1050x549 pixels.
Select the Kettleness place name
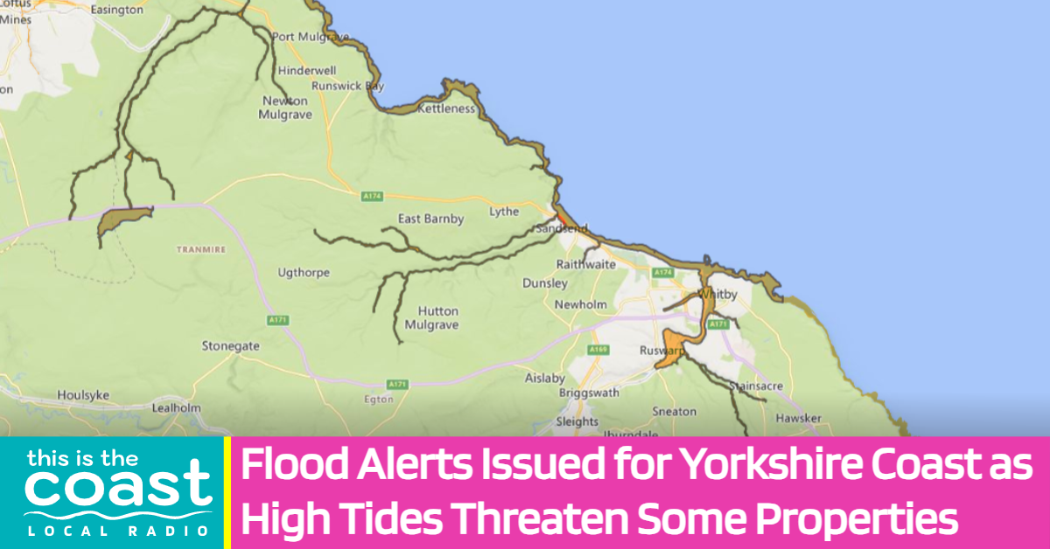[x=446, y=109]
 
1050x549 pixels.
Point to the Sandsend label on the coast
[x=562, y=228]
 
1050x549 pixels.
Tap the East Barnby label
[x=430, y=219]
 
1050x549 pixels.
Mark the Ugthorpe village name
[x=304, y=273]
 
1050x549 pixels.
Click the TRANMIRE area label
[x=201, y=249]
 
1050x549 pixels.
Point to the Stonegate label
[x=230, y=346]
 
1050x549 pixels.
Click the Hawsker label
[x=798, y=419]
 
